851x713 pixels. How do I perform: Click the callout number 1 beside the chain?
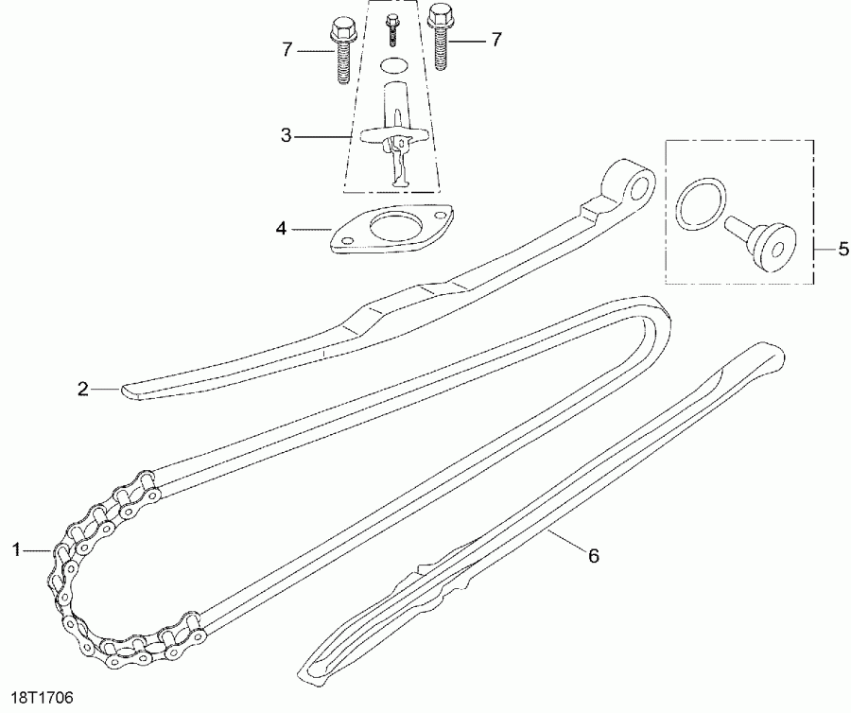16,548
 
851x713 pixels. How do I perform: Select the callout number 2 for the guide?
83,388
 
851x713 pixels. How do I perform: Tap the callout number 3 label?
287,136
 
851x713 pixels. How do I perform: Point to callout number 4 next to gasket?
280,228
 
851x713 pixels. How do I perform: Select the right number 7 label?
495,39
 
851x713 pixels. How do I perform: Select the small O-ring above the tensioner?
393,65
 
